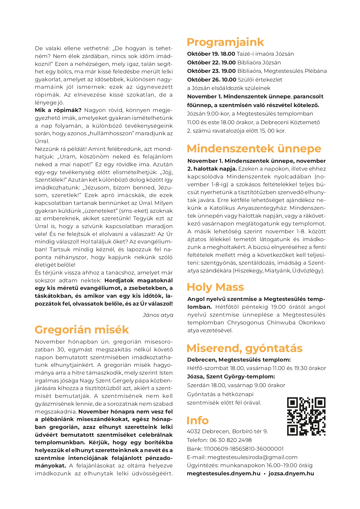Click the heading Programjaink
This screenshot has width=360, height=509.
click(x=225, y=42)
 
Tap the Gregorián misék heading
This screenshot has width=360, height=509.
click(x=82, y=330)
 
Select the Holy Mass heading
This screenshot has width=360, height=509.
click(x=215, y=287)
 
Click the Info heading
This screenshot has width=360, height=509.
click(x=198, y=420)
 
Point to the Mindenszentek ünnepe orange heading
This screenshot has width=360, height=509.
click(x=254, y=149)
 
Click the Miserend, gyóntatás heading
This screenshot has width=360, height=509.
click(x=245, y=348)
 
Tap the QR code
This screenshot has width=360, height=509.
click(x=306, y=416)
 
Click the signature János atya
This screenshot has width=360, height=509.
click(x=158, y=315)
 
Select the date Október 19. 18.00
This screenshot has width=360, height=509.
click(x=211, y=54)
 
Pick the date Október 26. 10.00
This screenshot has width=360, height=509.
click(x=211, y=80)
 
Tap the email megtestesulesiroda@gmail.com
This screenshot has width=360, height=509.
click(x=252, y=457)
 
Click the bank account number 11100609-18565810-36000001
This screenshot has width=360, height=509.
click(x=244, y=449)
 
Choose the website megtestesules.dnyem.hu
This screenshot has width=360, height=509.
click(x=223, y=473)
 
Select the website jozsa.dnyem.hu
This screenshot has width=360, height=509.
click(x=291, y=473)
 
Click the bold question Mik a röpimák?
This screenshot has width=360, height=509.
click(x=58, y=110)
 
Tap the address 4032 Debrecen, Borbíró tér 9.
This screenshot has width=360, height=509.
click(x=227, y=431)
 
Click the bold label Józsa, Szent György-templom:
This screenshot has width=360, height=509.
click(x=231, y=376)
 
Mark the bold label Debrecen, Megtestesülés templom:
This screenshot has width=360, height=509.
click(x=239, y=360)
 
